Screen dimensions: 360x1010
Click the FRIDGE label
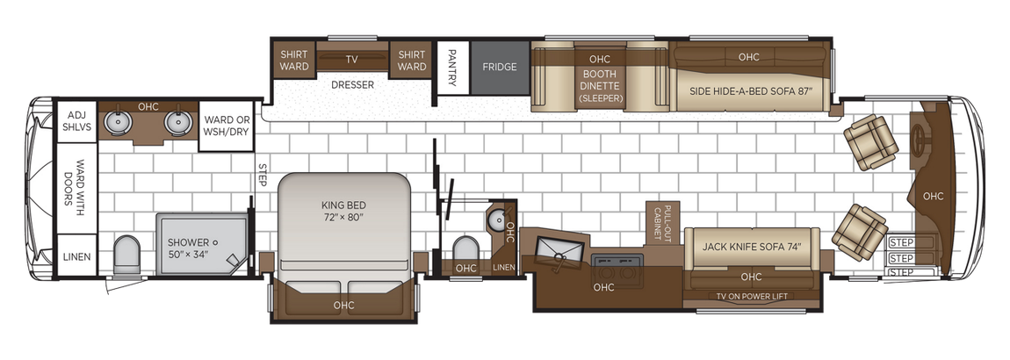click(498, 67)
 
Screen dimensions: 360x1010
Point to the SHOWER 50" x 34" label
click(190, 248)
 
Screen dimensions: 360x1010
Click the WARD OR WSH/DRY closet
click(227, 126)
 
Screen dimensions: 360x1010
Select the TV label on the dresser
click(351, 60)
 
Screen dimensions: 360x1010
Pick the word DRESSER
click(352, 85)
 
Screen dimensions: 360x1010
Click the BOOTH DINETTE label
click(601, 86)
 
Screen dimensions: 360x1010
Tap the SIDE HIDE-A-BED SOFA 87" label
click(748, 90)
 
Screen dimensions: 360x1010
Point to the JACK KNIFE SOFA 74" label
click(752, 247)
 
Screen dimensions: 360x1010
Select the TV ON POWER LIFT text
click(751, 296)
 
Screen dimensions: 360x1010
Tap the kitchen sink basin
click(555, 248)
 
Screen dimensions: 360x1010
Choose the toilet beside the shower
click(127, 252)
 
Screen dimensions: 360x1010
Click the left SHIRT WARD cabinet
click(293, 60)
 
